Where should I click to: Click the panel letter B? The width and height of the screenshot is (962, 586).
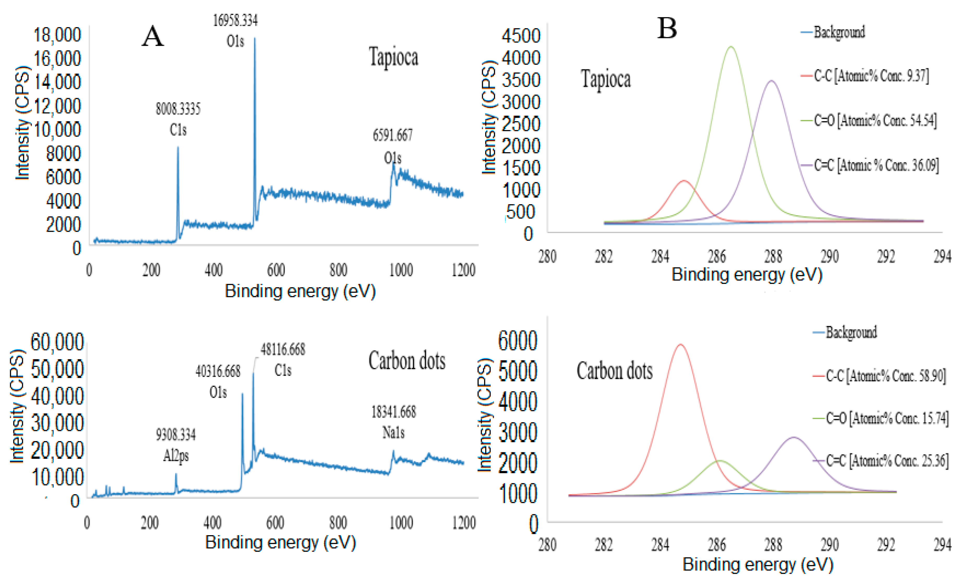[x=667, y=28]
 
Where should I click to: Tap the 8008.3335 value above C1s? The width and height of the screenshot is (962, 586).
[x=178, y=109]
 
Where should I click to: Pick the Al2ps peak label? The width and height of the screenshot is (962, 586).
[x=176, y=455]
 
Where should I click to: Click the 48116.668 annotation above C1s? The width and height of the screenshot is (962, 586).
[x=283, y=349]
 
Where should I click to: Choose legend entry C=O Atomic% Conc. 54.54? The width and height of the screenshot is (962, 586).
[x=875, y=120]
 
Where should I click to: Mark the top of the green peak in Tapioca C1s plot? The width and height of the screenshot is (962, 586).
[x=731, y=47]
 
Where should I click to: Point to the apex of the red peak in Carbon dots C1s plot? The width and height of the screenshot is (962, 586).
[x=681, y=345]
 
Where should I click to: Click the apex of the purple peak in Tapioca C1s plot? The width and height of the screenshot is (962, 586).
[x=772, y=81]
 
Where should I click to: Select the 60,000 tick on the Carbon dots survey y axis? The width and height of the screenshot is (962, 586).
[x=57, y=342]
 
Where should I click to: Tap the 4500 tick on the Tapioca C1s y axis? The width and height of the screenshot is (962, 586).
[x=521, y=36]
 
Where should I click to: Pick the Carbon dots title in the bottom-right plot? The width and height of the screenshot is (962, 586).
[x=615, y=371]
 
